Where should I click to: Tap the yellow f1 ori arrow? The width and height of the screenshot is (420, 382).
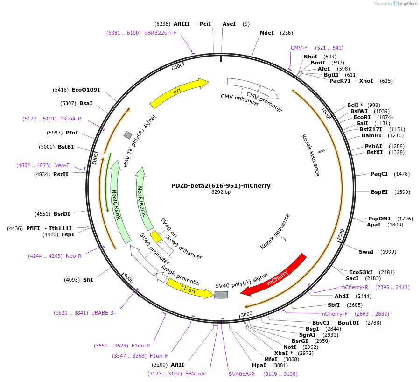tap(189, 288)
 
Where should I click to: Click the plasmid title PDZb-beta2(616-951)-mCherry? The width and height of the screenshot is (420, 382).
tap(221, 185)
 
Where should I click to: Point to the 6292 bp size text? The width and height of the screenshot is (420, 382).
tap(221, 192)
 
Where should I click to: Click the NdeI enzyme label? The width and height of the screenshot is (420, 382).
tap(267, 33)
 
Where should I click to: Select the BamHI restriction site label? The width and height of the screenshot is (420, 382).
tap(371, 135)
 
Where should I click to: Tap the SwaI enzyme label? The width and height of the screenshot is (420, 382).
tap(366, 252)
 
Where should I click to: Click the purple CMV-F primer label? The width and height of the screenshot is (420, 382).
tap(299, 48)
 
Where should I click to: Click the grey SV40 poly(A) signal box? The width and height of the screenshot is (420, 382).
tap(221, 295)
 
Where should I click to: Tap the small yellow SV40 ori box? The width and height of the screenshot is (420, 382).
tap(155, 236)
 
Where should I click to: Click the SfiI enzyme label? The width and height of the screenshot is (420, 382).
tap(88, 280)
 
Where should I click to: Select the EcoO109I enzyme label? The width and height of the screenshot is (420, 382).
tap(85, 90)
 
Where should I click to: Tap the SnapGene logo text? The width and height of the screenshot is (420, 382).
tap(408, 4)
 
